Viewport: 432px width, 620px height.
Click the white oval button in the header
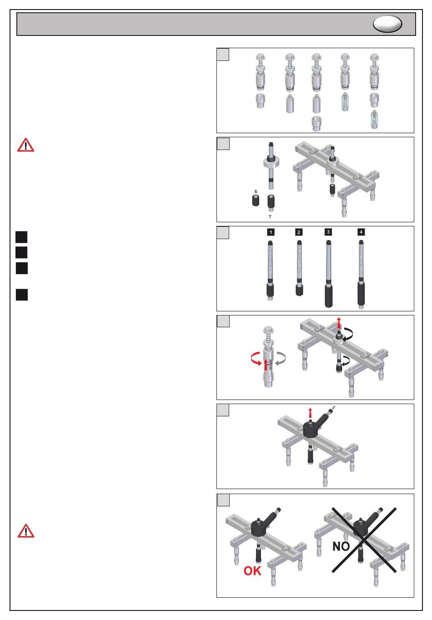click(x=387, y=24)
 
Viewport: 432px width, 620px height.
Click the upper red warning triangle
click(x=26, y=145)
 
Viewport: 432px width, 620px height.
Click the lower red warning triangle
click(x=26, y=531)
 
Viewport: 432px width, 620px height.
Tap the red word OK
click(x=252, y=571)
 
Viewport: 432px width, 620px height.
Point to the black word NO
click(x=341, y=546)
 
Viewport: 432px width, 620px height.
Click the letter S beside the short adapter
click(x=256, y=191)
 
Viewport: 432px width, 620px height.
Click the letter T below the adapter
click(x=270, y=217)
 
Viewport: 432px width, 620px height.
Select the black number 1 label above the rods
click(x=271, y=232)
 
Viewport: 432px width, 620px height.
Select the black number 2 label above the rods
click(x=299, y=232)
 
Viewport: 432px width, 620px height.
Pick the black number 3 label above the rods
click(x=328, y=232)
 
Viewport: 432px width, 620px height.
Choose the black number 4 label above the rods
click(x=361, y=232)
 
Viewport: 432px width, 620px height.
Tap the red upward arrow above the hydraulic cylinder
click(x=310, y=413)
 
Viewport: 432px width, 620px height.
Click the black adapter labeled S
click(x=256, y=200)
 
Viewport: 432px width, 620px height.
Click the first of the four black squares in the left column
click(x=22, y=237)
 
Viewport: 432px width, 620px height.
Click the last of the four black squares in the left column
click(x=22, y=295)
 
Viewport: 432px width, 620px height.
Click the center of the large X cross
click(x=364, y=540)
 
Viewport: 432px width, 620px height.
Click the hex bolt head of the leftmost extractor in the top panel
click(x=260, y=58)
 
